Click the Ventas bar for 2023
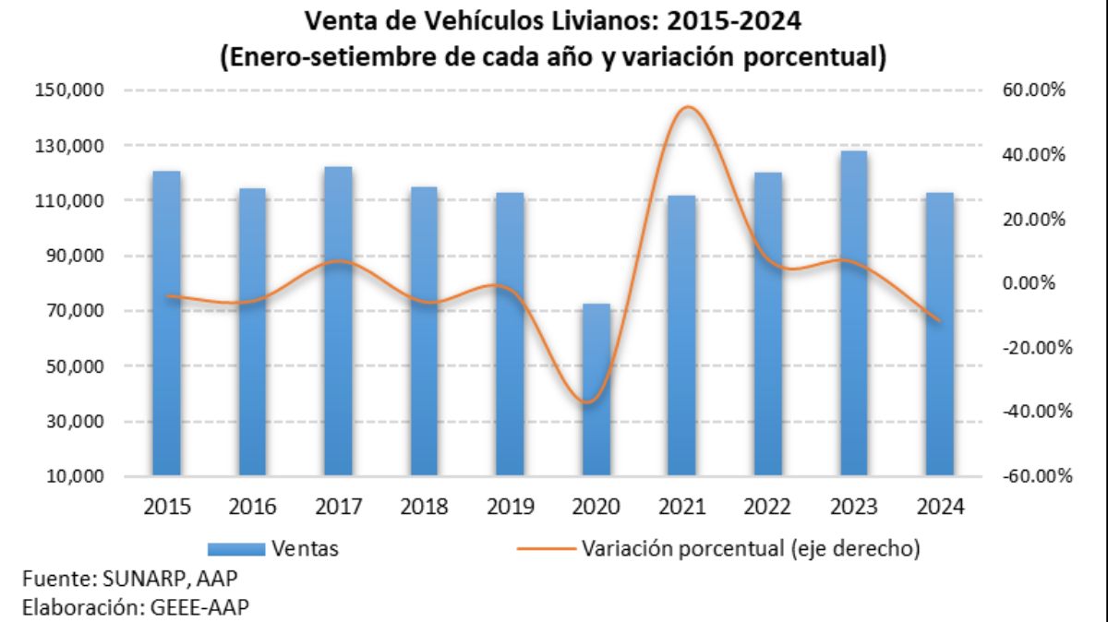pos(854,314)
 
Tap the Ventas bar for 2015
pos(166,323)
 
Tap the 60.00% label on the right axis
pos(1033,90)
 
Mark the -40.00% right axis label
pos(1033,412)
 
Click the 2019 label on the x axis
pos(511,507)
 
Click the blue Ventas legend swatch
pos(237,550)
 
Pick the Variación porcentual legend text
pos(751,549)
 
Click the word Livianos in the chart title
pos(609,18)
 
